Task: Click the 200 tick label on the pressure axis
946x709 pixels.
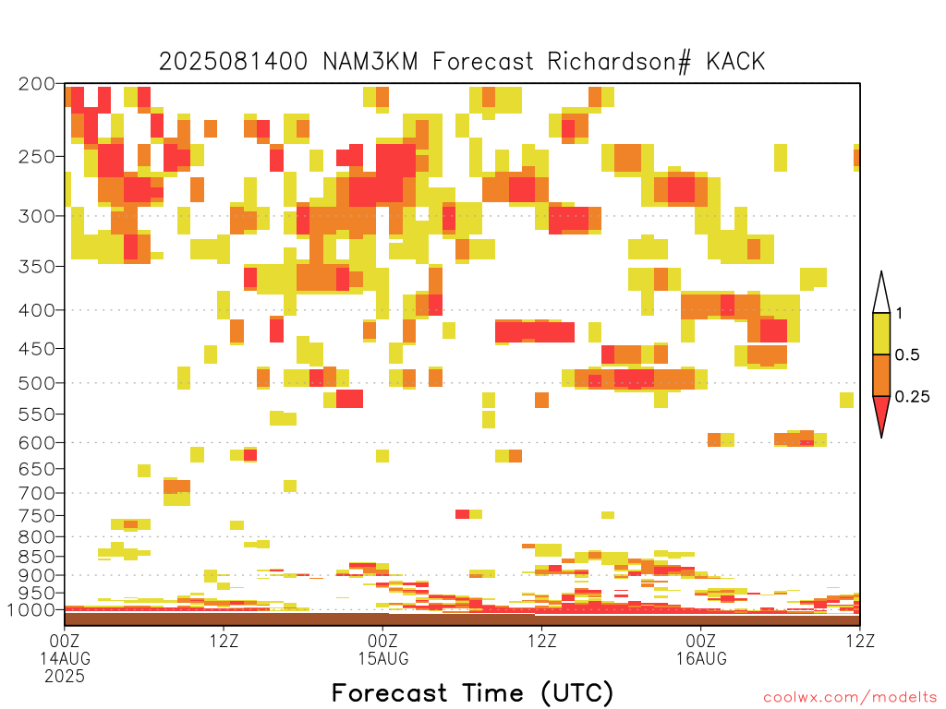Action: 37,84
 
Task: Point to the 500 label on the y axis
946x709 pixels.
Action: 37,383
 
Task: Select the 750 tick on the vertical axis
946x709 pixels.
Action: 37,516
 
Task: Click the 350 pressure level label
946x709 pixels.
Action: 37,267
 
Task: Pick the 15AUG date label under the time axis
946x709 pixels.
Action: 383,658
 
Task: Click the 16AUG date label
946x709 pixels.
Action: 701,658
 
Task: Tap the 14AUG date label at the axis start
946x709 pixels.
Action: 66,658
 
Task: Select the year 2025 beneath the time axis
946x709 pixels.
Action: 65,677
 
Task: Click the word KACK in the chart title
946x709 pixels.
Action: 735,62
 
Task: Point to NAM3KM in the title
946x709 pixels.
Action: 370,62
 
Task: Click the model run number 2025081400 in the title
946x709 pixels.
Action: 233,62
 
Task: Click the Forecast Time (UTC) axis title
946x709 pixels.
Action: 472,693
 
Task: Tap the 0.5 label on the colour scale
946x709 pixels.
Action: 907,355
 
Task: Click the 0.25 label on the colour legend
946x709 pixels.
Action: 912,397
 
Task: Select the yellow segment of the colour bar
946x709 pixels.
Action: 881,333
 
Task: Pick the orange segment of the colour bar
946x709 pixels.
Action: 881,375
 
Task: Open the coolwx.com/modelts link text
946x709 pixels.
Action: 850,698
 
